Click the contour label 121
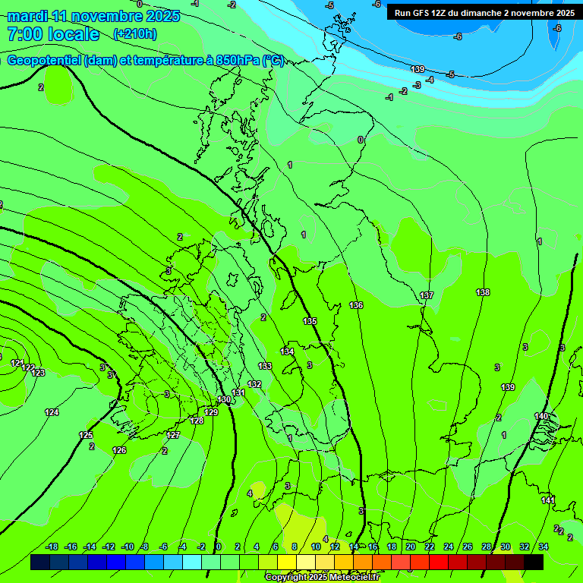[x=17, y=363]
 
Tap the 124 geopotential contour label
[x=52, y=412]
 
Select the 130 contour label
[x=224, y=399]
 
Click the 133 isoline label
[x=265, y=366]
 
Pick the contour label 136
[x=356, y=305]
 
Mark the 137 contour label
[x=427, y=295]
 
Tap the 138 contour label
[x=483, y=292]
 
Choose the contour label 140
[x=541, y=416]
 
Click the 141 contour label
[x=548, y=500]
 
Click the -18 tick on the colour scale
[x=52, y=547]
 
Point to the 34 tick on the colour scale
[x=544, y=547]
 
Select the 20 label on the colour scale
[x=411, y=547]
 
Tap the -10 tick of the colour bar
[x=127, y=547]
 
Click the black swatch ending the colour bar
[x=534, y=562]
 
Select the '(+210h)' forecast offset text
[x=135, y=33]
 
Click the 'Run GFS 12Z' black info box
[x=484, y=13]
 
